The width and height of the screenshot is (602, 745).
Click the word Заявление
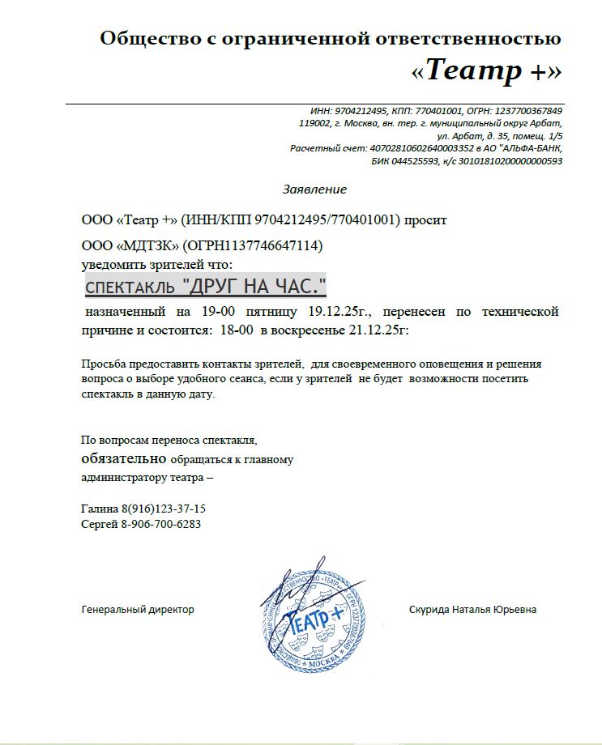[314, 189]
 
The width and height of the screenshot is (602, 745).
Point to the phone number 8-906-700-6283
[160, 524]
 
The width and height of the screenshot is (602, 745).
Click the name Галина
[100, 509]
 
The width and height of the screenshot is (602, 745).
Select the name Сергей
[99, 524]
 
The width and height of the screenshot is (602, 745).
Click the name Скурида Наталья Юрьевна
[472, 610]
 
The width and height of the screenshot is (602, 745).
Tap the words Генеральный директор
[138, 610]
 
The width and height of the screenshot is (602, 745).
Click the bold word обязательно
[124, 459]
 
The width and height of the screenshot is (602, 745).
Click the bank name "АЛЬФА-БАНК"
[530, 148]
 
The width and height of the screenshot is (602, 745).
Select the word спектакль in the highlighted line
[130, 287]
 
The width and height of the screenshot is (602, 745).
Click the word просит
[425, 219]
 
